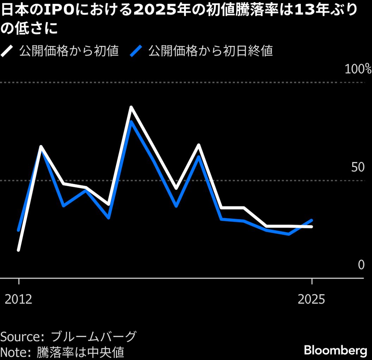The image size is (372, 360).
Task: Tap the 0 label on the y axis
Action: [x=361, y=265]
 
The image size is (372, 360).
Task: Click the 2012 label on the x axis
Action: [x=19, y=299]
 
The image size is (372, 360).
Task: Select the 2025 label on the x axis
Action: [x=311, y=299]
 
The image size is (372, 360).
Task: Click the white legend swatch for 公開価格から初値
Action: [x=7, y=51]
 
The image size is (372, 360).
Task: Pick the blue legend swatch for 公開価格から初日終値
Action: [x=136, y=51]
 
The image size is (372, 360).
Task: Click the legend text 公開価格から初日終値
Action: [x=211, y=51]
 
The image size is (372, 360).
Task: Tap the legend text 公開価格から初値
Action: [x=69, y=51]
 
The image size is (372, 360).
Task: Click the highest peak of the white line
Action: [x=131, y=107]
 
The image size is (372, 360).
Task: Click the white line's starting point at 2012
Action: [x=18, y=250]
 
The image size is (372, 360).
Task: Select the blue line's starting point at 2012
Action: [x=18, y=230]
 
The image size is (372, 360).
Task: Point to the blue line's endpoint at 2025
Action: [x=311, y=220]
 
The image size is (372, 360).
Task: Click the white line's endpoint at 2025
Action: [x=311, y=227]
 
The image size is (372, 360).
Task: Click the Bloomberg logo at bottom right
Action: [x=335, y=350]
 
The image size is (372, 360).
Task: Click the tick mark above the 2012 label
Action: [x=19, y=281]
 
